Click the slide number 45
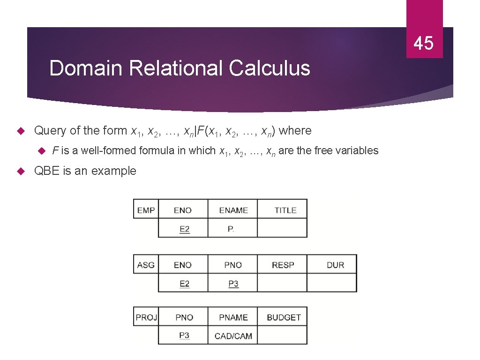424,44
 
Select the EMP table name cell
146,210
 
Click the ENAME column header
233,210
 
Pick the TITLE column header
285,210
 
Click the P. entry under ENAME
231,229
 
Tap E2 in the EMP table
184,229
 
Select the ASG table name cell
146,265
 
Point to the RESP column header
283,265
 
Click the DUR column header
335,265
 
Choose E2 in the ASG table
184,284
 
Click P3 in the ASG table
233,284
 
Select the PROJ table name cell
146,317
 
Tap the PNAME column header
233,317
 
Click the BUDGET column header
284,317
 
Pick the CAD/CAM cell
233,336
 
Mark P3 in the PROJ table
184,335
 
